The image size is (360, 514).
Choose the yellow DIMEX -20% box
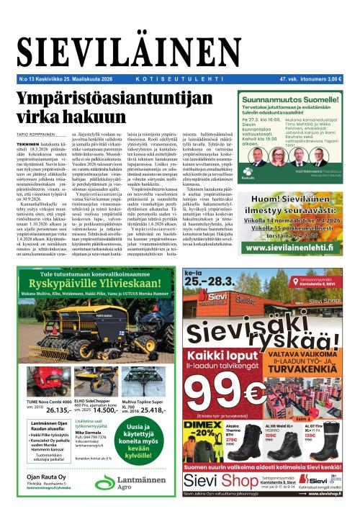(x=203, y=428)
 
